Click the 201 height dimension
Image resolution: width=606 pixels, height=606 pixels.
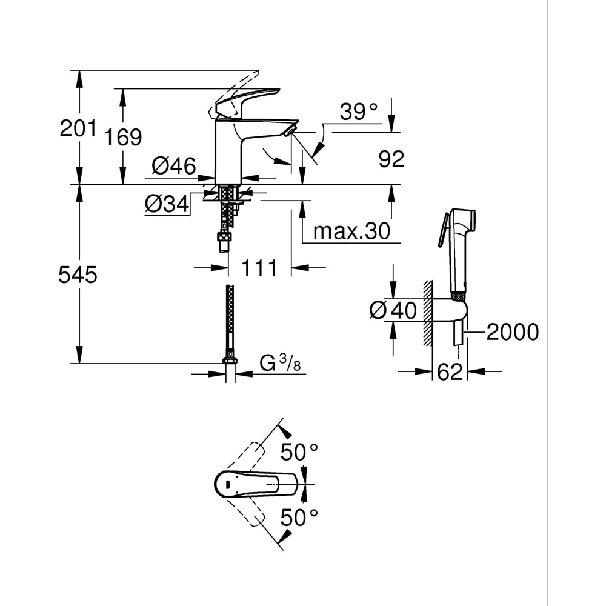(x=78, y=128)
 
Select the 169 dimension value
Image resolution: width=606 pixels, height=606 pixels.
(x=122, y=137)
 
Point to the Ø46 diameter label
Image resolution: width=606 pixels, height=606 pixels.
(x=173, y=165)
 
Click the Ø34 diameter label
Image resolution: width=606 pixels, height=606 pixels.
(x=167, y=205)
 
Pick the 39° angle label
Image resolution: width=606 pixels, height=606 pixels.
(x=359, y=112)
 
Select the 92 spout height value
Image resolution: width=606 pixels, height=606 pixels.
(x=391, y=159)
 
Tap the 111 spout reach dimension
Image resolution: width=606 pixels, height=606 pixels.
(x=259, y=267)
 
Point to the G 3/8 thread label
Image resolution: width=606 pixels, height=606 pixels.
(x=280, y=364)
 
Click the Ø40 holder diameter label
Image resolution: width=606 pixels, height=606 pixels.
(x=393, y=311)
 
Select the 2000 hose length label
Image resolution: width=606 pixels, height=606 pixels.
(x=512, y=331)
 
